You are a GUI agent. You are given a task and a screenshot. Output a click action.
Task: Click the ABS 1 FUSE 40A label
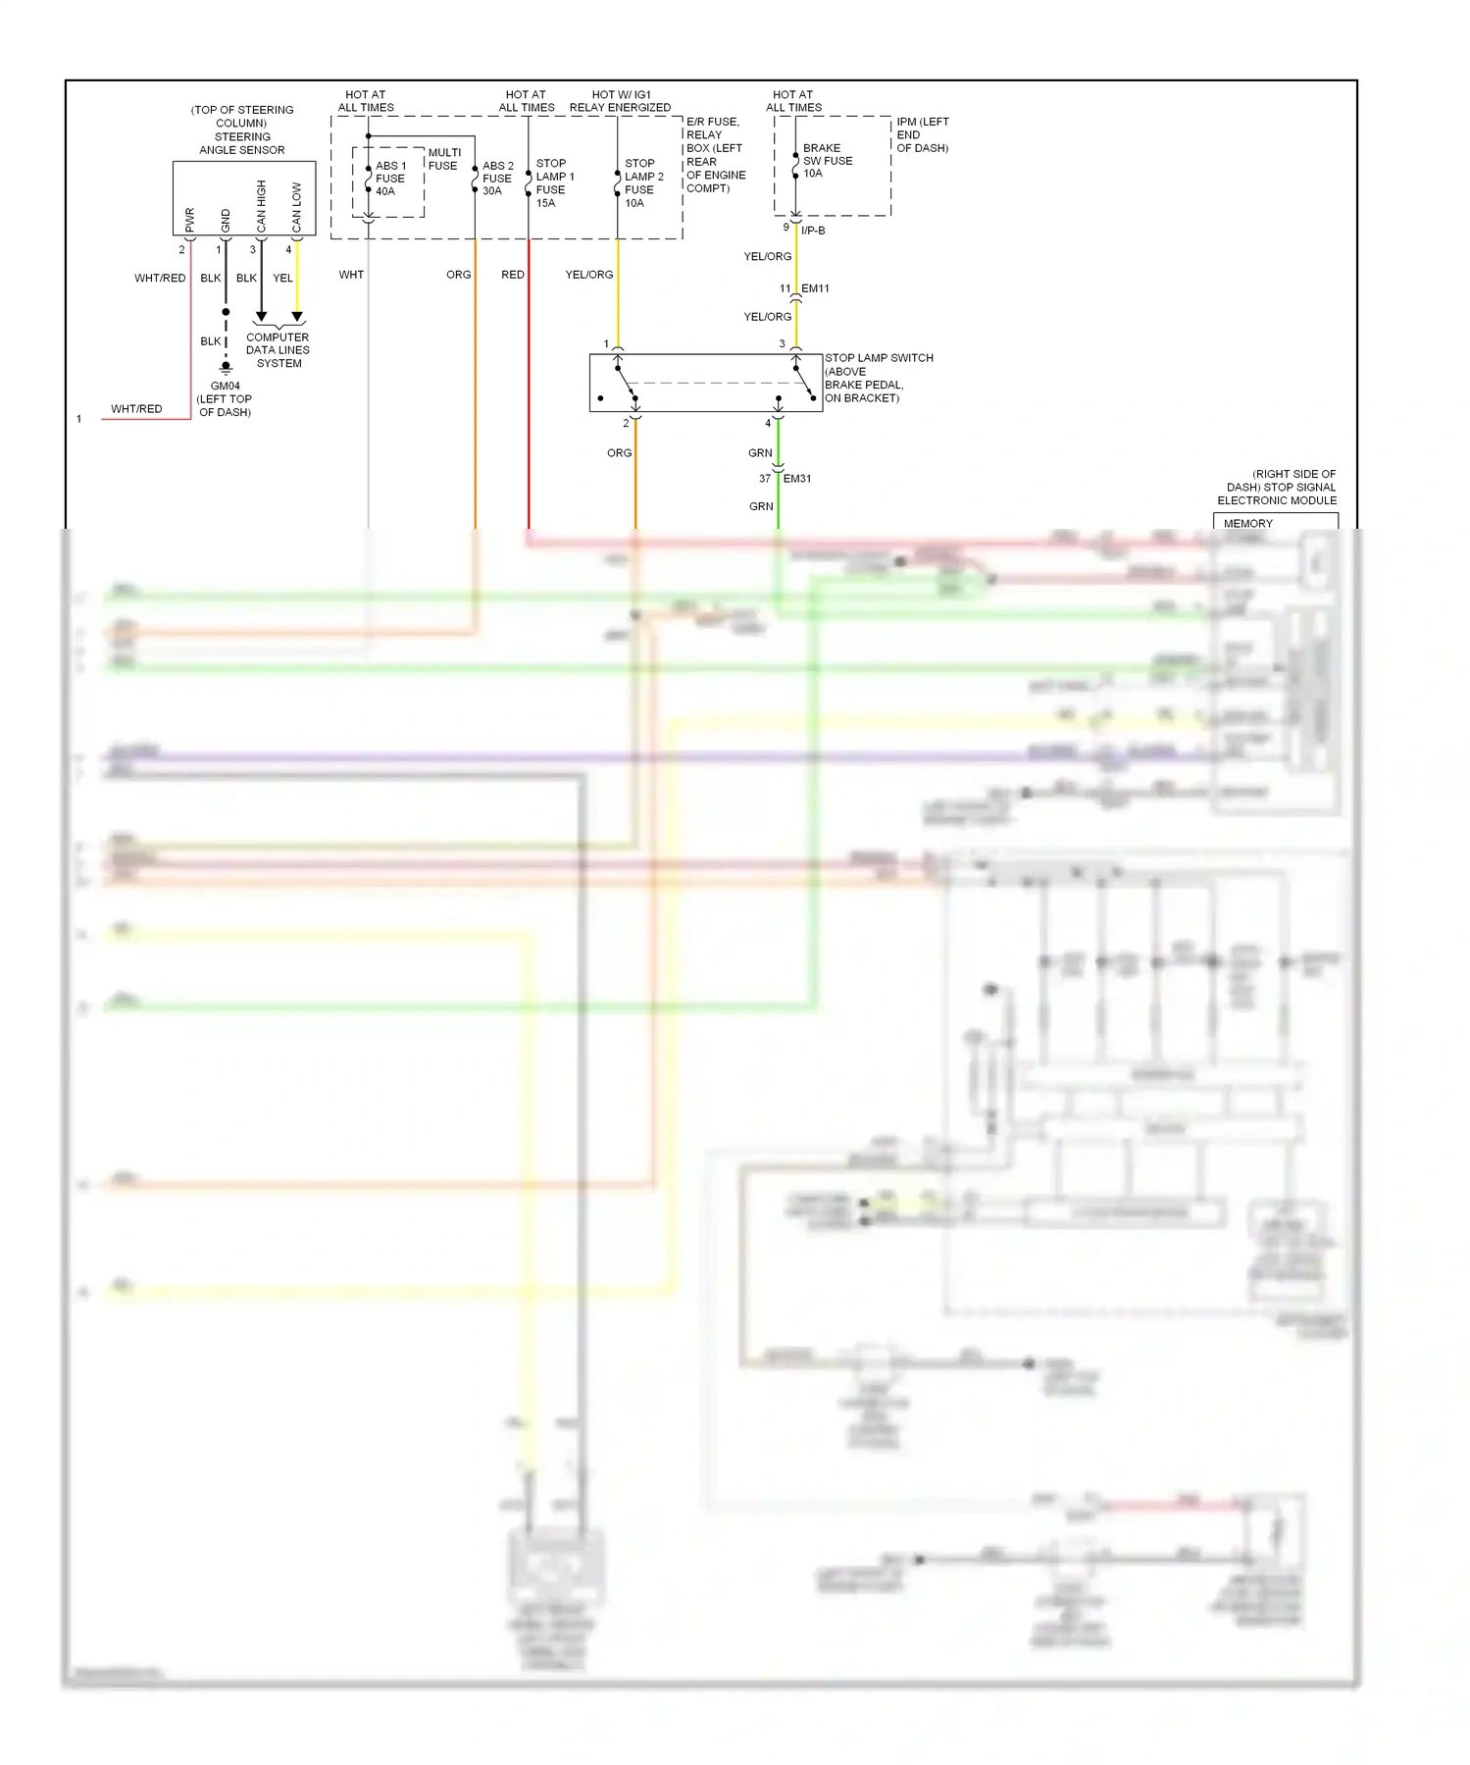[x=389, y=179]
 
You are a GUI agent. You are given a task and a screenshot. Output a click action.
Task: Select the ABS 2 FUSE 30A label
[x=497, y=179]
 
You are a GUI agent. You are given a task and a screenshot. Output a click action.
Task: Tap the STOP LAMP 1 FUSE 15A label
[x=554, y=183]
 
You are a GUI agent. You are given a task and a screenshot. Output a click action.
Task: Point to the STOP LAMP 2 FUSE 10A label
[x=643, y=183]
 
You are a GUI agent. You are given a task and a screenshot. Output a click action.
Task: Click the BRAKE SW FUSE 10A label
[x=827, y=161]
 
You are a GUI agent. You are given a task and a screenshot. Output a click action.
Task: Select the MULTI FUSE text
[x=443, y=159]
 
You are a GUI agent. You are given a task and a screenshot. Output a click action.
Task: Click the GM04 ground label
[x=225, y=386]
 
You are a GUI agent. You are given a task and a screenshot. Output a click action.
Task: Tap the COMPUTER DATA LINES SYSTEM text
[x=278, y=350]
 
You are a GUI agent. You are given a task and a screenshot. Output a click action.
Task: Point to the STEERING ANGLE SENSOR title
[x=242, y=143]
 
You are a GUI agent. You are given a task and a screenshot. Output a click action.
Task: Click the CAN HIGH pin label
[x=262, y=206]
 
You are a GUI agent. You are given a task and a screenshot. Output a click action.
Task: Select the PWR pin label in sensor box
[x=190, y=220]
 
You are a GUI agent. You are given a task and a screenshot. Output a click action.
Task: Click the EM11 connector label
[x=815, y=288]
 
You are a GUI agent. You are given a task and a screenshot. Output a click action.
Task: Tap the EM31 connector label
[x=796, y=479]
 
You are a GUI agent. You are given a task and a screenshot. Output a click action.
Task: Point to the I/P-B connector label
[x=813, y=231]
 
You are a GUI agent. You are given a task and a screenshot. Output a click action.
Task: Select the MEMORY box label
[x=1247, y=524]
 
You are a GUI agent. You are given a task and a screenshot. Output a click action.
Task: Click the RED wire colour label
[x=512, y=275]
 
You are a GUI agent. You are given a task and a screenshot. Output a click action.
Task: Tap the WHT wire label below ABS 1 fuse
[x=351, y=275]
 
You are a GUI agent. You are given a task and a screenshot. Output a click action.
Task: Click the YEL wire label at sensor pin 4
[x=282, y=279]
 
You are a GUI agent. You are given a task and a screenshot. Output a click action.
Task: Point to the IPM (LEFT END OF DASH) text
[x=922, y=135]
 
